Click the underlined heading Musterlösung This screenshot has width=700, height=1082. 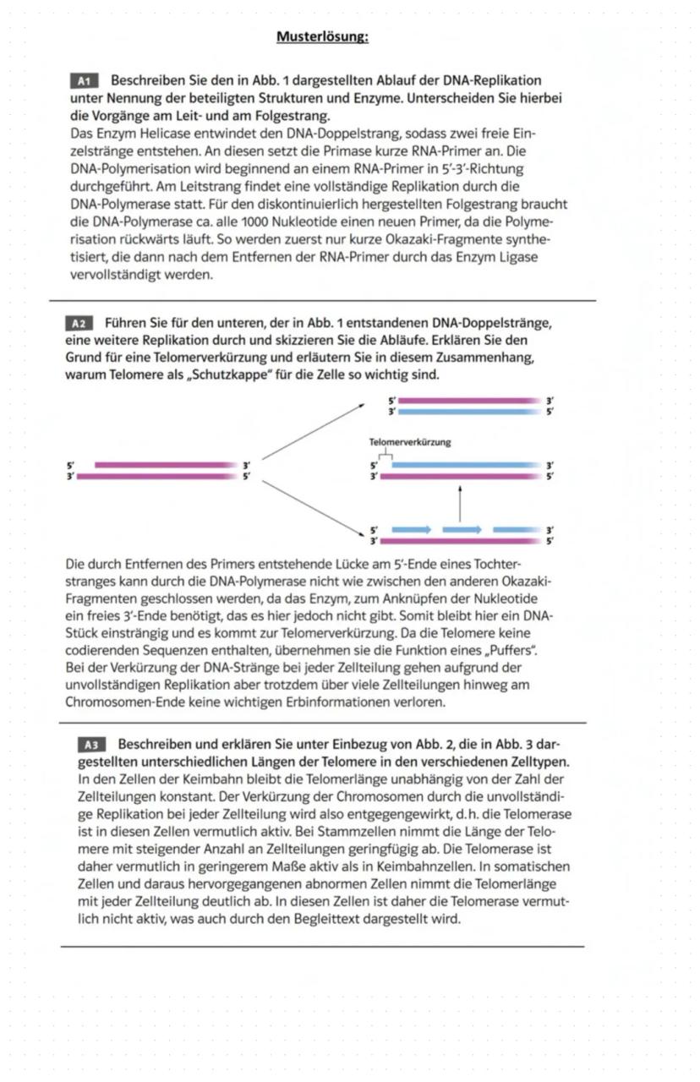322,37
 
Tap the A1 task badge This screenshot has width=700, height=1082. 84,81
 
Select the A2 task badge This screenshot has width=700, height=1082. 79,323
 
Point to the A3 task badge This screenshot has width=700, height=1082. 91,745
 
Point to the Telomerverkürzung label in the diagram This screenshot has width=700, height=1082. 410,442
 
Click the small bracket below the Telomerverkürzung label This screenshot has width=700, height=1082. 386,454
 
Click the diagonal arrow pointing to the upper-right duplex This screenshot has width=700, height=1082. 313,432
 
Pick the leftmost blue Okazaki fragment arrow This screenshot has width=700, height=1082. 412,529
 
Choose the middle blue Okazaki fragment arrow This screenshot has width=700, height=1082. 462,529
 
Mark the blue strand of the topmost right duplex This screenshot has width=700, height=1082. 468,412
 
